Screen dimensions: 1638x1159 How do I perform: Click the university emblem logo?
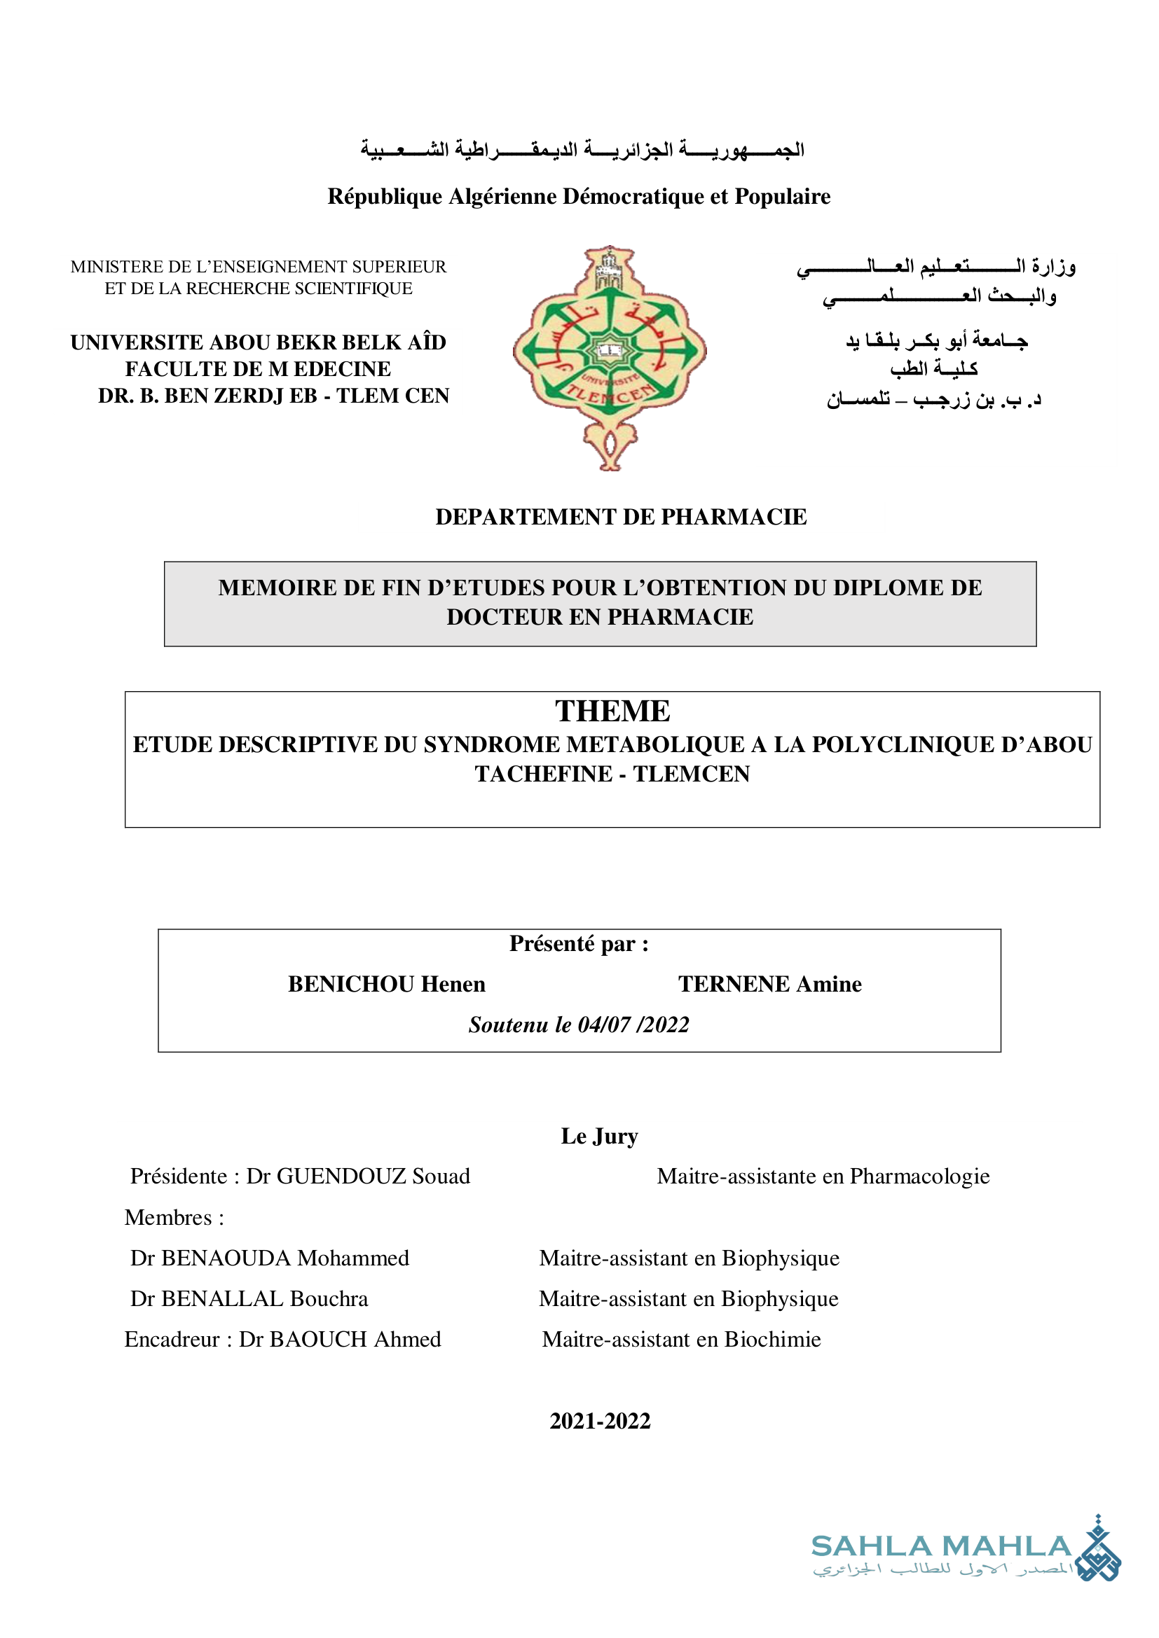click(610, 356)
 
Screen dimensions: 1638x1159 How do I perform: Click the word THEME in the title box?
click(612, 712)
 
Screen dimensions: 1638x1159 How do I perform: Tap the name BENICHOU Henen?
click(386, 985)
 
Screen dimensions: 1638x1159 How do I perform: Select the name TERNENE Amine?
click(769, 985)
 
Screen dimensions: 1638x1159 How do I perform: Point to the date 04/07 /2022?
click(633, 1025)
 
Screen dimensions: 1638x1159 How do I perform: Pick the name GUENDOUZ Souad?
click(373, 1177)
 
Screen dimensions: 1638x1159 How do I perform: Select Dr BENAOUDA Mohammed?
click(270, 1258)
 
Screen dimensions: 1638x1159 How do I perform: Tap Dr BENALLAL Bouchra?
click(249, 1298)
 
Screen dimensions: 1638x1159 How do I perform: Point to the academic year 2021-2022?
click(600, 1421)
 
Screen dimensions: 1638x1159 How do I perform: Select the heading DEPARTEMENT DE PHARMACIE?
click(621, 518)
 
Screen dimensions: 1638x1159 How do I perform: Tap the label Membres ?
click(174, 1218)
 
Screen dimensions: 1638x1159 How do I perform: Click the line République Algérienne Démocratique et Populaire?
click(579, 196)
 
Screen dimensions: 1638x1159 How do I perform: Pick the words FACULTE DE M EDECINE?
click(258, 369)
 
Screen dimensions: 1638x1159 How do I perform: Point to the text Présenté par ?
click(579, 944)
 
